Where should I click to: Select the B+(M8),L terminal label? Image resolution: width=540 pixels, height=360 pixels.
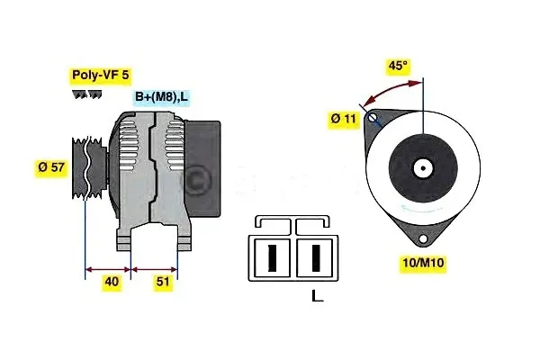click(x=162, y=97)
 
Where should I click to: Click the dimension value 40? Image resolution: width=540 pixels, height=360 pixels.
click(x=111, y=282)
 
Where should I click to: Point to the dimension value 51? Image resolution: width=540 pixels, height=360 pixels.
click(x=164, y=282)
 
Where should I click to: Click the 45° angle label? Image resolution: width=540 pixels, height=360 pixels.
click(x=397, y=67)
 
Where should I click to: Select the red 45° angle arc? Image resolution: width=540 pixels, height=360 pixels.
click(x=389, y=89)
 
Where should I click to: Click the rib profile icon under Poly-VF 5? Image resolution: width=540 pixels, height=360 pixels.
click(x=83, y=94)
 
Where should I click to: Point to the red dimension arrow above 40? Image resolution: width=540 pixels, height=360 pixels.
click(x=108, y=267)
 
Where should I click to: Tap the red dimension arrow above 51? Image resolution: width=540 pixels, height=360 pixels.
click(x=155, y=267)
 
